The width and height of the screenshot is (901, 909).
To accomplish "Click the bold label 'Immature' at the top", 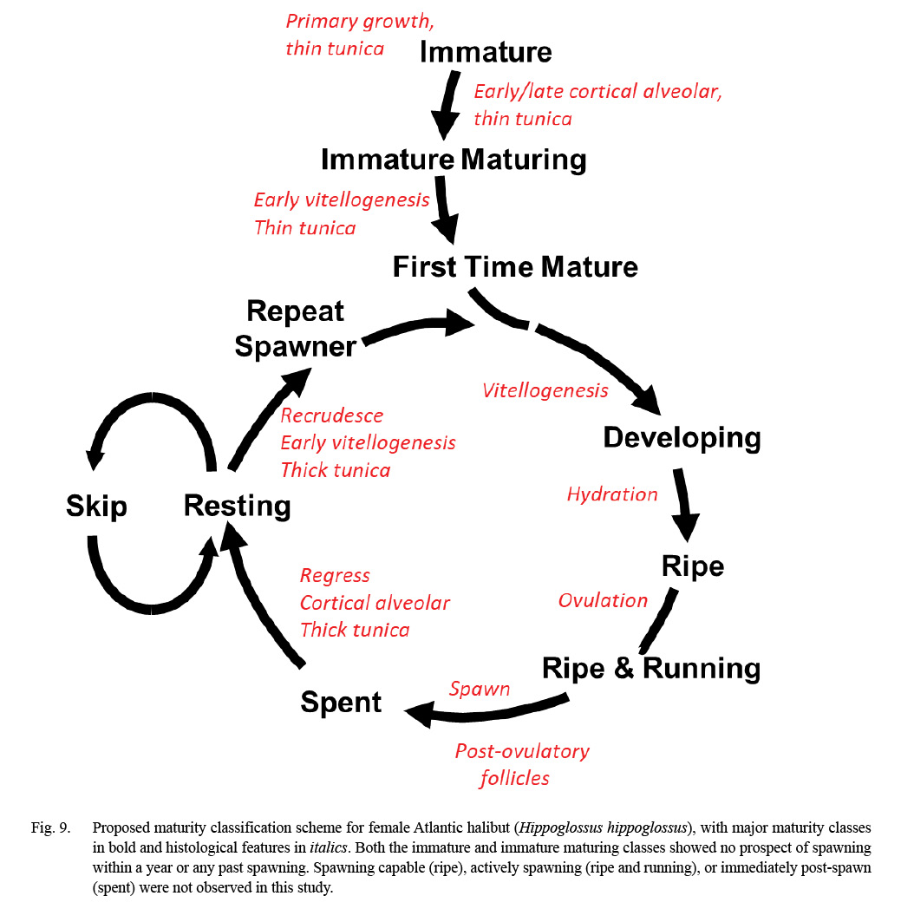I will [x=485, y=52].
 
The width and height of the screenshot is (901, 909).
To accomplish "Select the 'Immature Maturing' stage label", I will [x=454, y=160].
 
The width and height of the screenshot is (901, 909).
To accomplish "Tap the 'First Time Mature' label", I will [x=515, y=266].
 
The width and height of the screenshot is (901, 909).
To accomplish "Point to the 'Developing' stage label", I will [x=682, y=438].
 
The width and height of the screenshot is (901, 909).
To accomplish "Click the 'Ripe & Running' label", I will [x=650, y=668].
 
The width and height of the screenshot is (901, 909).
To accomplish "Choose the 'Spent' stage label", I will [x=341, y=702].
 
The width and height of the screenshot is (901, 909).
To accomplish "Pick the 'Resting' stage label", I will [x=237, y=506].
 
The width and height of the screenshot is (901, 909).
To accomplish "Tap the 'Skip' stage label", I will [x=96, y=507].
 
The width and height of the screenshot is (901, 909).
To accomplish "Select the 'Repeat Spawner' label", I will [x=296, y=329].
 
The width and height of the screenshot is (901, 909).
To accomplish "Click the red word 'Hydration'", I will [x=612, y=494].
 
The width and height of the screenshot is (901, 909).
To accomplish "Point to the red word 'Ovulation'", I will [x=603, y=600].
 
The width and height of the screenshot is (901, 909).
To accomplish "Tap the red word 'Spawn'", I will [x=480, y=689].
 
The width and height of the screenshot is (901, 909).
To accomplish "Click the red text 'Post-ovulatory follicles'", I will [x=521, y=764].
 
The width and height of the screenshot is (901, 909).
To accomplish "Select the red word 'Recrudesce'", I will [x=331, y=415].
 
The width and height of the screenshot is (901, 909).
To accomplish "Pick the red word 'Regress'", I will [x=335, y=575].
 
